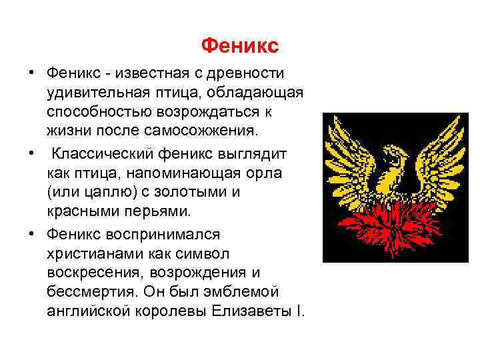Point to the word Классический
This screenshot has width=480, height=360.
pos(103,154)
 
